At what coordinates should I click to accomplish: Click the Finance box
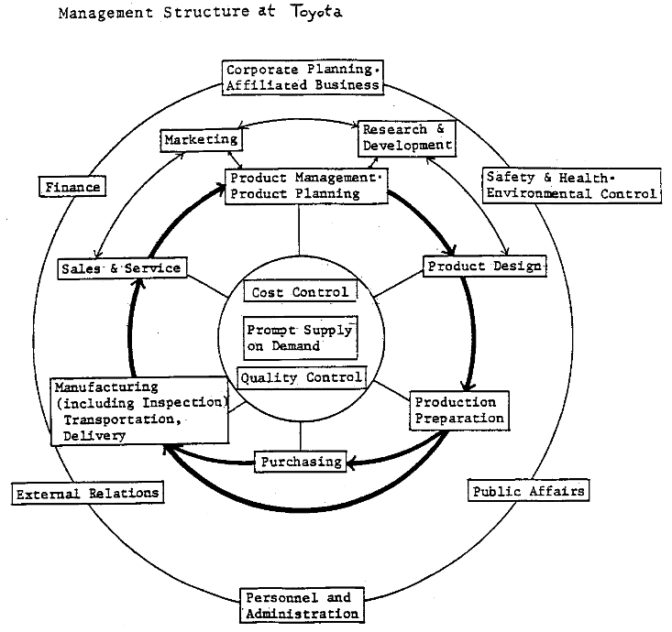coord(71,187)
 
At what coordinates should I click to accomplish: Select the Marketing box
coord(201,140)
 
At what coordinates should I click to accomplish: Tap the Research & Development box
coord(407,136)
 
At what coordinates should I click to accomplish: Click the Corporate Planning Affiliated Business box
coord(302,77)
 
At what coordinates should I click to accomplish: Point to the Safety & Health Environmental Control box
coord(570,185)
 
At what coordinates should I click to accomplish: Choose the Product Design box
coord(484,266)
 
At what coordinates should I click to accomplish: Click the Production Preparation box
coord(457,410)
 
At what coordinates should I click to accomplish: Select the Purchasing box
coord(300,462)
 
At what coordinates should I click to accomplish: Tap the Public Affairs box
coord(527,491)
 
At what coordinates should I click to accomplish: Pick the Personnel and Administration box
coord(302,605)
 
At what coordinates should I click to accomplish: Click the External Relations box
coord(87,493)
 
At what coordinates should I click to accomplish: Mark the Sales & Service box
coord(122,268)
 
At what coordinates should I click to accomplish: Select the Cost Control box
coord(299,292)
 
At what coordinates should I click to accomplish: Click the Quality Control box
coord(302,376)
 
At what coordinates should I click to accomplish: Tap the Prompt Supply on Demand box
coord(299,338)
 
